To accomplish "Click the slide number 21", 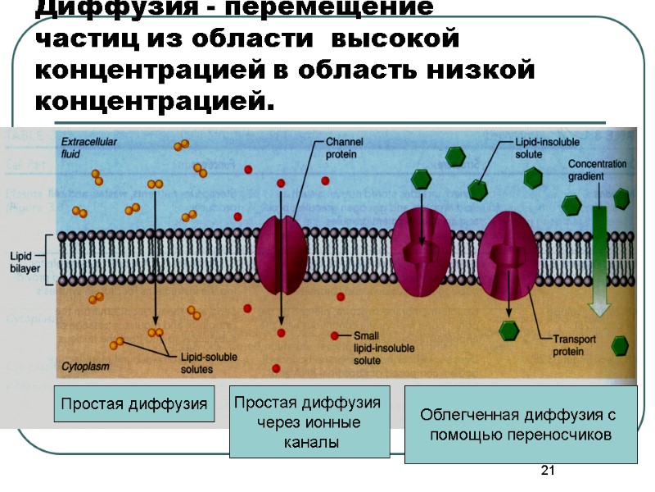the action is tap(549, 471).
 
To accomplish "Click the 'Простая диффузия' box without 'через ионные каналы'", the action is tap(134, 403).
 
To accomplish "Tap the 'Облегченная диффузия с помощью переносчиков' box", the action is tap(520, 425).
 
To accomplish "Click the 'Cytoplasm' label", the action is tap(86, 366).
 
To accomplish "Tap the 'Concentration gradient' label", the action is tap(598, 169).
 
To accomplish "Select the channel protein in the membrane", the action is tap(282, 255).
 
